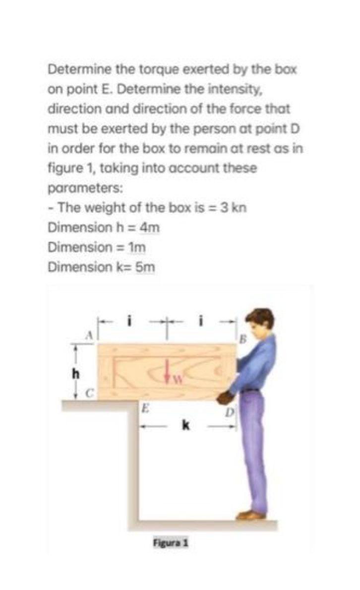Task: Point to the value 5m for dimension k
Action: [x=145, y=267]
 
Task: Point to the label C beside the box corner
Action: [x=90, y=393]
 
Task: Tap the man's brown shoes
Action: [x=251, y=516]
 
